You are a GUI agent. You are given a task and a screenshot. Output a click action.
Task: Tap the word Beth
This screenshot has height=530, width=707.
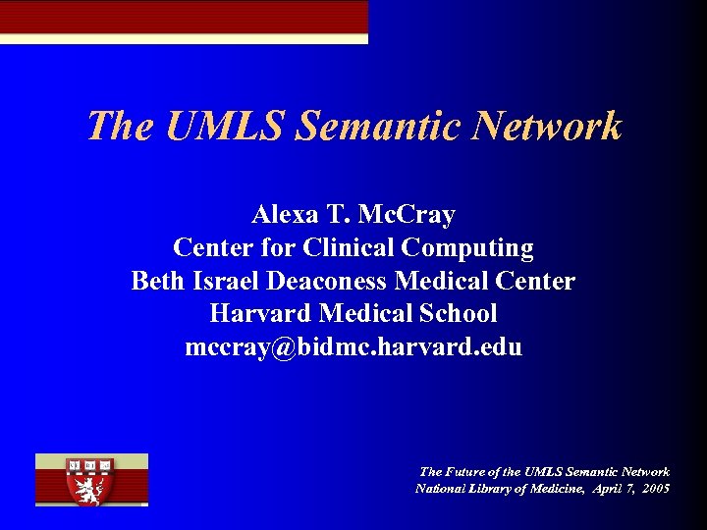tap(157, 281)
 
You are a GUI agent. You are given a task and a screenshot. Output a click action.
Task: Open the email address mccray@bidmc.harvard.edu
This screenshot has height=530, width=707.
tap(353, 347)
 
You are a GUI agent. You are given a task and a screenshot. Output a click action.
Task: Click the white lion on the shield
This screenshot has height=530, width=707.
tap(90, 488)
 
